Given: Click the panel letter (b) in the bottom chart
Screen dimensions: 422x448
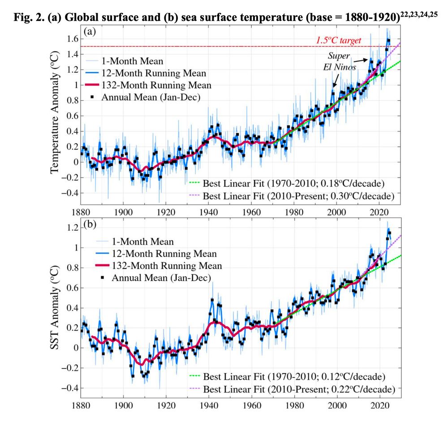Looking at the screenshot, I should coord(90,225).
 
